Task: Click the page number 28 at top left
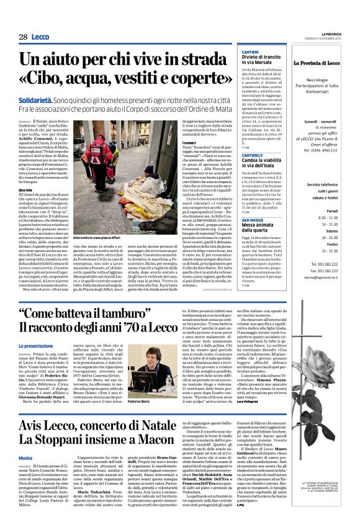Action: pyautogui.click(x=23, y=37)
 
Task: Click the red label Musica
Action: pyautogui.click(x=25, y=457)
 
